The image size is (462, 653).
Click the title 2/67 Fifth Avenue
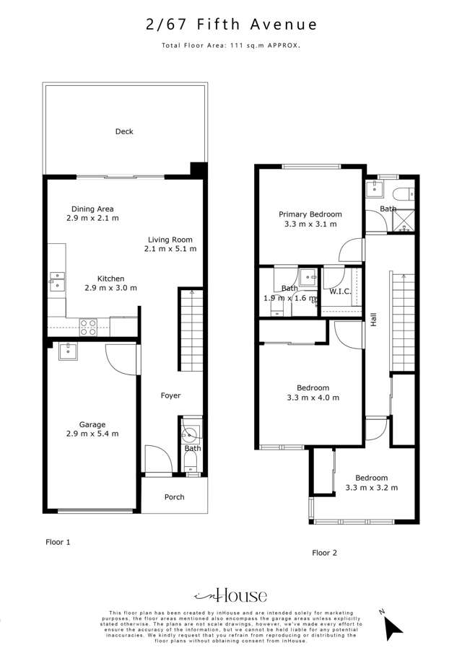pos(231,25)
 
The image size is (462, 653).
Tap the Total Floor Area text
pos(231,45)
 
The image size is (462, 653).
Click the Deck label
pos(124,131)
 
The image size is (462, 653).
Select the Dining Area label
pos(92,209)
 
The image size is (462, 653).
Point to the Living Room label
pos(170,240)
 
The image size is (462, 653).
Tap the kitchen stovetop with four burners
pos(88,327)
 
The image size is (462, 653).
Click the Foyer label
pos(170,395)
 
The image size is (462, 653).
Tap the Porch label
pos(174,496)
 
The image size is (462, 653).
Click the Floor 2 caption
pos(324,553)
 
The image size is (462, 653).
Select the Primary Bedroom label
pos(310,214)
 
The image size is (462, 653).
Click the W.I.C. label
pos(340,292)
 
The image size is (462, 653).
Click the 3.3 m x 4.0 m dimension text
pos(312,398)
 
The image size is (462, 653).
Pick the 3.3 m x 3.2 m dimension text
pos(371,488)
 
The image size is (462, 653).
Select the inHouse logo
pos(230,595)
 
